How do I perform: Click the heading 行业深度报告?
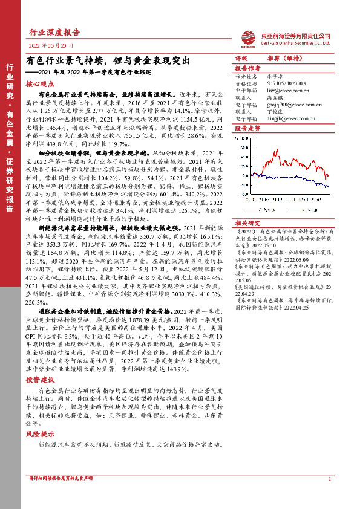click(x=54, y=33)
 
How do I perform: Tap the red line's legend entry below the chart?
click(x=266, y=209)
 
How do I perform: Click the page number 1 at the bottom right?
click(x=329, y=479)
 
